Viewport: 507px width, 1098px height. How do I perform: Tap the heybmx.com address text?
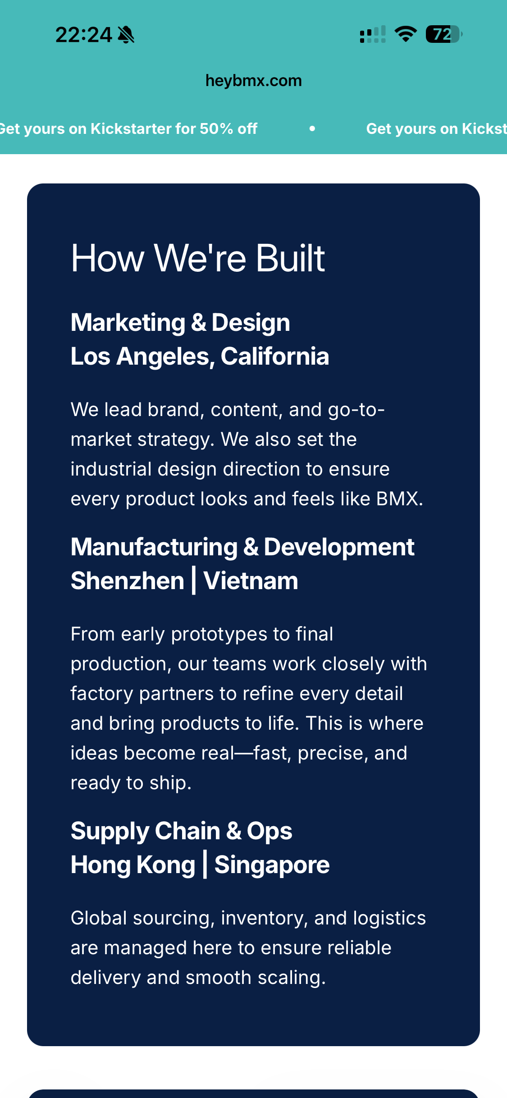coord(253,81)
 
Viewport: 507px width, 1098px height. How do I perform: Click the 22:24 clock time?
coord(83,35)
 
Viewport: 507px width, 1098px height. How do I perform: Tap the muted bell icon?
coord(126,35)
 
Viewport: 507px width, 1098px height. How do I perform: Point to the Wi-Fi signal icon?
coord(406,34)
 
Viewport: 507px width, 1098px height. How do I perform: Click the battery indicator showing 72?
coord(444,34)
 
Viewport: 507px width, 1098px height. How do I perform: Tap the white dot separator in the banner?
coord(312,128)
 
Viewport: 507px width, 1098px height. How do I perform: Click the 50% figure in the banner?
coord(216,129)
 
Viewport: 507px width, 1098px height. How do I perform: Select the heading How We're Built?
coord(198,258)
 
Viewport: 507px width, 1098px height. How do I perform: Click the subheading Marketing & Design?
coord(180,323)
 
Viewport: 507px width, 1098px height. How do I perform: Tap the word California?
coord(275,357)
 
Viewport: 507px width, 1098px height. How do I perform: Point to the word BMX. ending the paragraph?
coord(400,499)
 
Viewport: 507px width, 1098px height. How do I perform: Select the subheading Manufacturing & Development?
coord(242,547)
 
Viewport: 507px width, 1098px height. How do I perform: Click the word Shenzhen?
coord(128,581)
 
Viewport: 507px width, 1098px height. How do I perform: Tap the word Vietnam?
coord(251,581)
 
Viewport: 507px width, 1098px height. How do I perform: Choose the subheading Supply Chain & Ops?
coord(182,832)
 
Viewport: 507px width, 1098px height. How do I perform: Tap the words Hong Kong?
coord(133,865)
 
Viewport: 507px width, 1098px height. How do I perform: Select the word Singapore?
coord(272,865)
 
